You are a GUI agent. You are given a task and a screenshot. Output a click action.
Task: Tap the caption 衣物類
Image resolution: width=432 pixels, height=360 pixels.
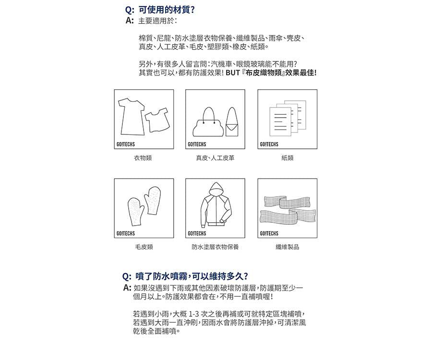pyautogui.click(x=143, y=157)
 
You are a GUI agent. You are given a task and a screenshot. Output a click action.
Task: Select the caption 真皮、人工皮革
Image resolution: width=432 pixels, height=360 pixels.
pyautogui.click(x=215, y=157)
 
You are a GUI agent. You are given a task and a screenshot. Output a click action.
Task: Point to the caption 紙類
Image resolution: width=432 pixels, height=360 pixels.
pyautogui.click(x=287, y=157)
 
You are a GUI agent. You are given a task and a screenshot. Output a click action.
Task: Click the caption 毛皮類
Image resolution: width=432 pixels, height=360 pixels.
pyautogui.click(x=144, y=247)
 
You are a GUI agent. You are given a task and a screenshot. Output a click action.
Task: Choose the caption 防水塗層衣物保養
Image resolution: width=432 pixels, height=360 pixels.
pyautogui.click(x=215, y=247)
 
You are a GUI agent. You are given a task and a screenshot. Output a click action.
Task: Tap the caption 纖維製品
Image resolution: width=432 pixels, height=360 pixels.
pyautogui.click(x=287, y=247)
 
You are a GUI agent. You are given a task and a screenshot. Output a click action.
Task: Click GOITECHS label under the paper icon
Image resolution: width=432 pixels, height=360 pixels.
pyautogui.click(x=269, y=144)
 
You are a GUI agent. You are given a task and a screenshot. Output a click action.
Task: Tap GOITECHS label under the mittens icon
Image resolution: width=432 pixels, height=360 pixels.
pyautogui.click(x=126, y=234)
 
